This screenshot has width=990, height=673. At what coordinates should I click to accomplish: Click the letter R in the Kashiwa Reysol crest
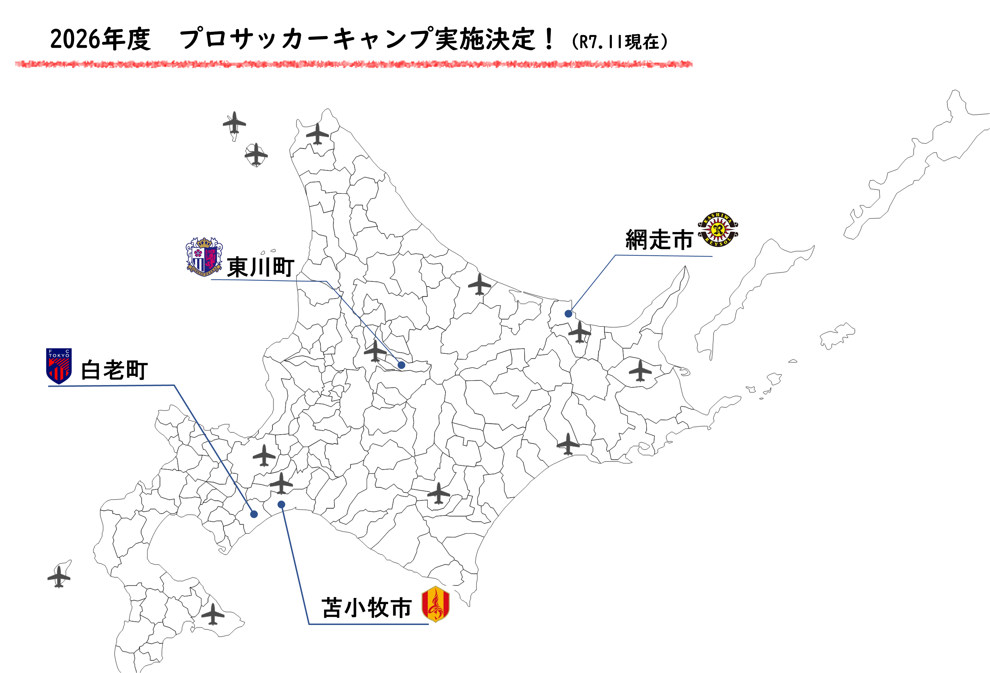click(718, 230)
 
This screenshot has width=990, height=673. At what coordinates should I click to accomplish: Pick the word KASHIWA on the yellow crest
click(718, 218)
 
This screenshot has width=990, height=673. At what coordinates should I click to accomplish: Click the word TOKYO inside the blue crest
click(59, 355)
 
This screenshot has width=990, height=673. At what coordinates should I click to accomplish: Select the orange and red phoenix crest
click(435, 604)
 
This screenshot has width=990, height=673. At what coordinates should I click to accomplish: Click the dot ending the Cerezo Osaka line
click(401, 365)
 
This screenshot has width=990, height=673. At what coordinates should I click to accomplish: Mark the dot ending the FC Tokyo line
click(254, 514)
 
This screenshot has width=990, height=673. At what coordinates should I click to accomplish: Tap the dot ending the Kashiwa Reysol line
click(568, 314)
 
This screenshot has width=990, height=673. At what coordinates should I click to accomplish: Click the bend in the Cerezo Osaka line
click(326, 281)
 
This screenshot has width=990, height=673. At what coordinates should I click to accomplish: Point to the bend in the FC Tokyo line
click(174, 385)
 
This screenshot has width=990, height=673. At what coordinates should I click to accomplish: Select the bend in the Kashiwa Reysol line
click(616, 256)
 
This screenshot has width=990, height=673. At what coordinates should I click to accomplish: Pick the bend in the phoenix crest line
click(309, 624)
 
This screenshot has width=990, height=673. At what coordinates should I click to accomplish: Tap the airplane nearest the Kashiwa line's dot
click(580, 332)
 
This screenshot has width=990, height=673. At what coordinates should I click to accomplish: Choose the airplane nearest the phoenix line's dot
click(281, 483)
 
